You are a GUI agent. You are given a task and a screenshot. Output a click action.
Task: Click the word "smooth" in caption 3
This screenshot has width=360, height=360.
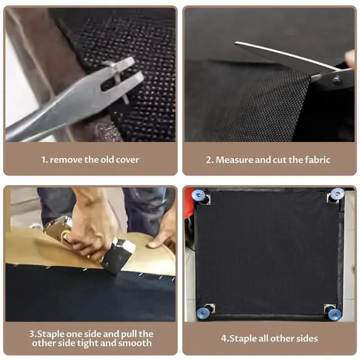point(135,343)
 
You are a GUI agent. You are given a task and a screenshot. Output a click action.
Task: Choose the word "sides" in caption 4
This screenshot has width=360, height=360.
point(307,339)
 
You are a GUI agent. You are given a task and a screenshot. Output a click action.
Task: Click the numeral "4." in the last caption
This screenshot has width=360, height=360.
point(225,339)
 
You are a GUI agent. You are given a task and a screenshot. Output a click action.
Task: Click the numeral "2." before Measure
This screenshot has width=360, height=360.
point(210,160)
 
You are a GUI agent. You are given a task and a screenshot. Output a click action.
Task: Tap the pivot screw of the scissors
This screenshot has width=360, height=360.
point(336,80)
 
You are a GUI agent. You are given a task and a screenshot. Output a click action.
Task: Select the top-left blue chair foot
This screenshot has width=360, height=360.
point(199,195)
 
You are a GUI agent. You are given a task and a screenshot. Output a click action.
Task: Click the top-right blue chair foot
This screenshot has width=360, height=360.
point(337,193)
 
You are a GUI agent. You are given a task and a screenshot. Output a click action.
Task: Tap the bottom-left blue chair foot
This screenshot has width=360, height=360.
point(203,312)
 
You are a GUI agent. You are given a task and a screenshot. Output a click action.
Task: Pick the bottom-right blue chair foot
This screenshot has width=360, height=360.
point(335,314)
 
